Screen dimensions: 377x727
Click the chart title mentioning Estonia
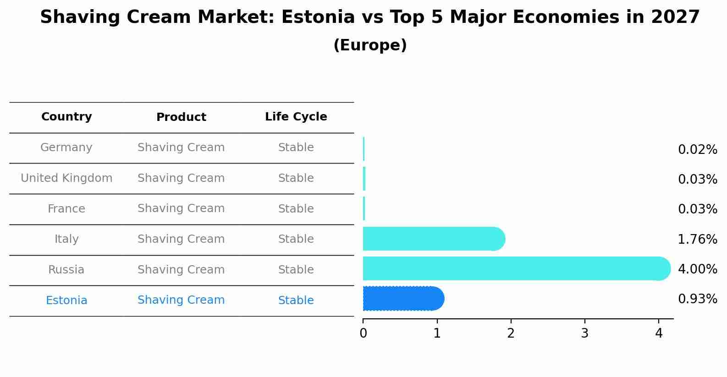[x=369, y=17]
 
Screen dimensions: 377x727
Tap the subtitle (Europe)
[x=369, y=45]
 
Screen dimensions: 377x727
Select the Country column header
[x=66, y=117]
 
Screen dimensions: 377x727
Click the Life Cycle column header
[x=296, y=117]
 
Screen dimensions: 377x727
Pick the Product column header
[x=181, y=117]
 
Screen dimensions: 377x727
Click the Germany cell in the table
[x=66, y=148]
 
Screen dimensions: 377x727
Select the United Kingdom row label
[x=66, y=178]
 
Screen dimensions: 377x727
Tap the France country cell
[x=66, y=209]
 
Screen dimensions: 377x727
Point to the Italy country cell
[x=66, y=239]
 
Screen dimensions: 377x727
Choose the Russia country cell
[x=66, y=270]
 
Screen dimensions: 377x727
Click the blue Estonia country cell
[x=66, y=301]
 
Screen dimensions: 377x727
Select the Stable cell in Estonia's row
[x=296, y=301]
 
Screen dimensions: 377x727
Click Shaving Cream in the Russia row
[x=181, y=270]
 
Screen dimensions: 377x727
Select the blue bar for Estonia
[x=403, y=299]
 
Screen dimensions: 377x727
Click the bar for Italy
[x=433, y=239]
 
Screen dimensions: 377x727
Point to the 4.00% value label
[x=697, y=269]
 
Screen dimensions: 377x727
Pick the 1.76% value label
[x=697, y=239]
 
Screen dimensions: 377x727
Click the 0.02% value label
[x=697, y=150]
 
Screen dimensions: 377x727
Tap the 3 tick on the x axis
[x=584, y=333]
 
